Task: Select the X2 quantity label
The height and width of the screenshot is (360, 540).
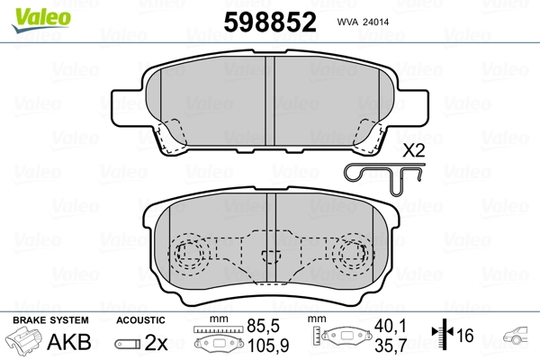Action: pos(413,150)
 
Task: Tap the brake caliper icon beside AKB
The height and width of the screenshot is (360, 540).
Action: pos(26,343)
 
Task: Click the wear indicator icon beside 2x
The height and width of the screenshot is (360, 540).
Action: pos(127,343)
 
